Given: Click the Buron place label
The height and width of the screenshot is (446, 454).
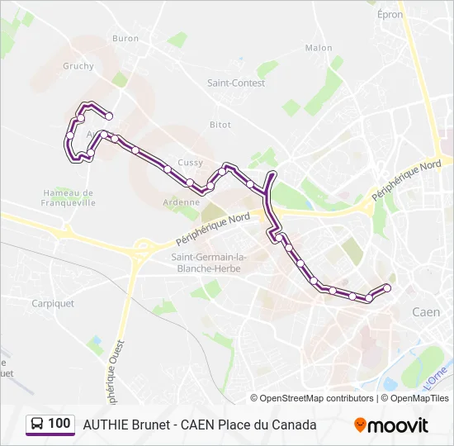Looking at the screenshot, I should (x=125, y=39).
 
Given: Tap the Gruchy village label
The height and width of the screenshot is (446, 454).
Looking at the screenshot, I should (x=78, y=66).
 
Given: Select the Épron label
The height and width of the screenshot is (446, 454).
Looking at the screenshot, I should (x=390, y=15).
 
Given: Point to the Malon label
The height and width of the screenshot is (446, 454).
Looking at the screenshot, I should (x=318, y=48).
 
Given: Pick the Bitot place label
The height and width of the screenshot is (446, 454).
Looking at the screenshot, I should (x=220, y=125).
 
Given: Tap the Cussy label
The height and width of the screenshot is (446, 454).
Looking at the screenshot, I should (x=190, y=163).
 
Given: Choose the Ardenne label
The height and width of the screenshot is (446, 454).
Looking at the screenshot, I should (x=181, y=202).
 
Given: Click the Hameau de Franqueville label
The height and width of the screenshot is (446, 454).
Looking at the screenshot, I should (x=69, y=197).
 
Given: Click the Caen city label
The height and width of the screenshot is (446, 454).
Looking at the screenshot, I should (x=426, y=311).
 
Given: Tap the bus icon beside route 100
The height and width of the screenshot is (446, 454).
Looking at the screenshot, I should (x=36, y=424).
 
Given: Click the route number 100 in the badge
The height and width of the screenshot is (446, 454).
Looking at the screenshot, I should (x=59, y=424).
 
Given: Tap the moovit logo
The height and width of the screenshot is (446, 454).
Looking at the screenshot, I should (x=391, y=425).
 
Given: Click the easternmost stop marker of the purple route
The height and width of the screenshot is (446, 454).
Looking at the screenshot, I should (x=387, y=287).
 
